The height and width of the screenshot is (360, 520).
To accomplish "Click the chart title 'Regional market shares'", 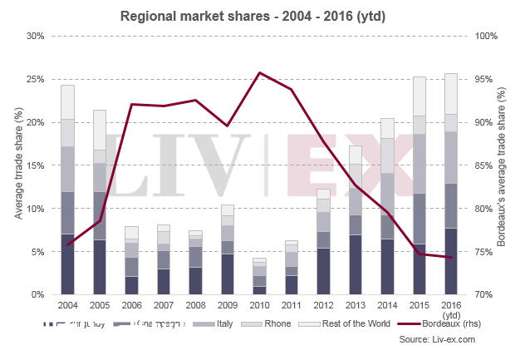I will pyautogui.click(x=259, y=16).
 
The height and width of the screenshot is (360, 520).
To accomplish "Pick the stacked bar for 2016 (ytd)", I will pyautogui.click(x=451, y=184).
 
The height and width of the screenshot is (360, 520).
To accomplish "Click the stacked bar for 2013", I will pyautogui.click(x=356, y=220).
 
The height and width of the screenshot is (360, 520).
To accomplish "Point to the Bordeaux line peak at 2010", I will pyautogui.click(x=259, y=73).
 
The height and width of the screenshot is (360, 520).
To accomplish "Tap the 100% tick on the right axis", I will pyautogui.click(x=484, y=37).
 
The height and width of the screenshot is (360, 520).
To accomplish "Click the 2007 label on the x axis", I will pyautogui.click(x=164, y=305).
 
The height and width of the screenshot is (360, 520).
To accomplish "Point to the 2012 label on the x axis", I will pyautogui.click(x=323, y=305).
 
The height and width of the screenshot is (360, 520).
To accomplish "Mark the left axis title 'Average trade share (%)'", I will pyautogui.click(x=17, y=165).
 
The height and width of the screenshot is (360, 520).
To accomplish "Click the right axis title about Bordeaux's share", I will pyautogui.click(x=502, y=165).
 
